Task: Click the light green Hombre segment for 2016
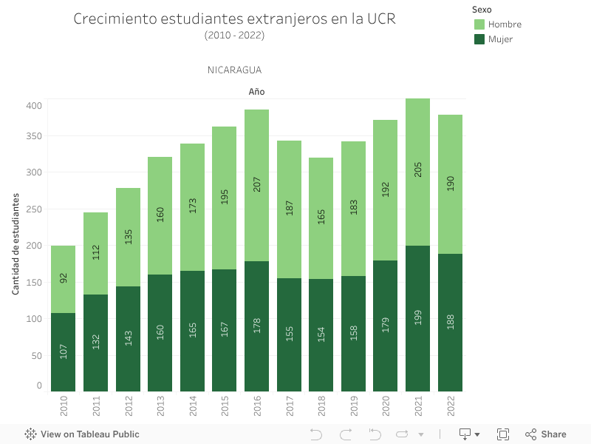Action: click(x=256, y=185)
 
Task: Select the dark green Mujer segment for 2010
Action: click(x=63, y=351)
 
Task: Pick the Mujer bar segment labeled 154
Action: click(x=321, y=334)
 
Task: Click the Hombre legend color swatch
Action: click(x=479, y=24)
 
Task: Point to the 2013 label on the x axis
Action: click(x=160, y=406)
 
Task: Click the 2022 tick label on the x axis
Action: click(x=450, y=406)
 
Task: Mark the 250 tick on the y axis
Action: click(x=35, y=209)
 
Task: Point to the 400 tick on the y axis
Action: click(x=35, y=105)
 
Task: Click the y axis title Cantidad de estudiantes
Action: click(x=16, y=244)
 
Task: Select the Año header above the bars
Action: click(x=256, y=92)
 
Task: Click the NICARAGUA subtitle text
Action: click(x=234, y=70)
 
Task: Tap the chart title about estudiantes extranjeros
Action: click(x=234, y=19)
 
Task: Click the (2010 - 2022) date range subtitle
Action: click(x=234, y=35)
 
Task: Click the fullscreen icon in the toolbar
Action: click(x=503, y=434)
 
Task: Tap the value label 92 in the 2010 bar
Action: click(x=64, y=278)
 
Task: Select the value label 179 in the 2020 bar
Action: click(x=386, y=325)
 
